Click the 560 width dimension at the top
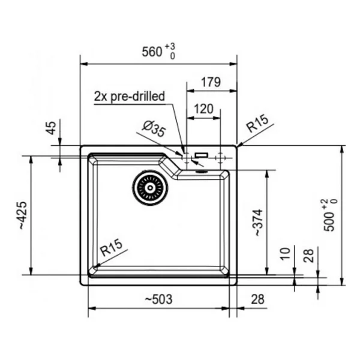[x=158, y=52]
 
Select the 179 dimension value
[x=211, y=82]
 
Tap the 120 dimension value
[x=204, y=109]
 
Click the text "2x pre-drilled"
[x=130, y=97]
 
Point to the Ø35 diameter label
[x=154, y=129]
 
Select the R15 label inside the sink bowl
[x=112, y=247]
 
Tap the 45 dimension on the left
[x=52, y=128]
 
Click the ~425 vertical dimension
[x=23, y=215]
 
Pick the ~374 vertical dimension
[x=258, y=223]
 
